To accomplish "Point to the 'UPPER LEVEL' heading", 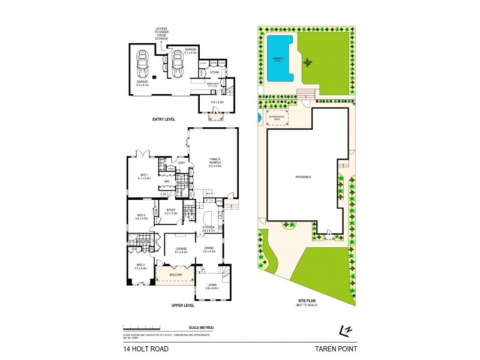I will click(184, 305).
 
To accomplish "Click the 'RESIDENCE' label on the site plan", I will click(304, 176).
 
